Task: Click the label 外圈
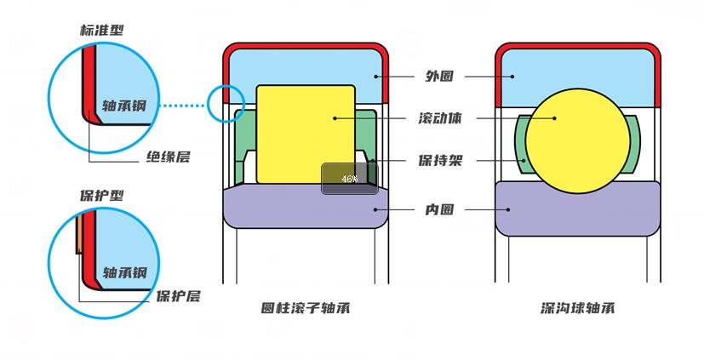tap(438, 76)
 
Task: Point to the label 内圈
tap(438, 209)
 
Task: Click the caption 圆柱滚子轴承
tap(306, 308)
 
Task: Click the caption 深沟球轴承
tap(578, 308)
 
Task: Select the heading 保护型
tap(101, 195)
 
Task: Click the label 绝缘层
tap(168, 157)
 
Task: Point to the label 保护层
tap(178, 296)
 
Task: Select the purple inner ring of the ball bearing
tap(578, 208)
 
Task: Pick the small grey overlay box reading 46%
tap(349, 179)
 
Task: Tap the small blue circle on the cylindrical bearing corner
tap(226, 103)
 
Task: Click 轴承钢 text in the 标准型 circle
tap(124, 106)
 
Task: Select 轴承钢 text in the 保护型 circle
tap(125, 272)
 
